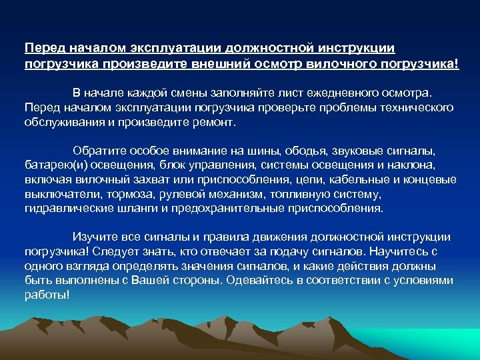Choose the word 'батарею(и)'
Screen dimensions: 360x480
[51, 165]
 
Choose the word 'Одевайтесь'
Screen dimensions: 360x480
[259, 281]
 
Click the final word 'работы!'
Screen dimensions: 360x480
[47, 295]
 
